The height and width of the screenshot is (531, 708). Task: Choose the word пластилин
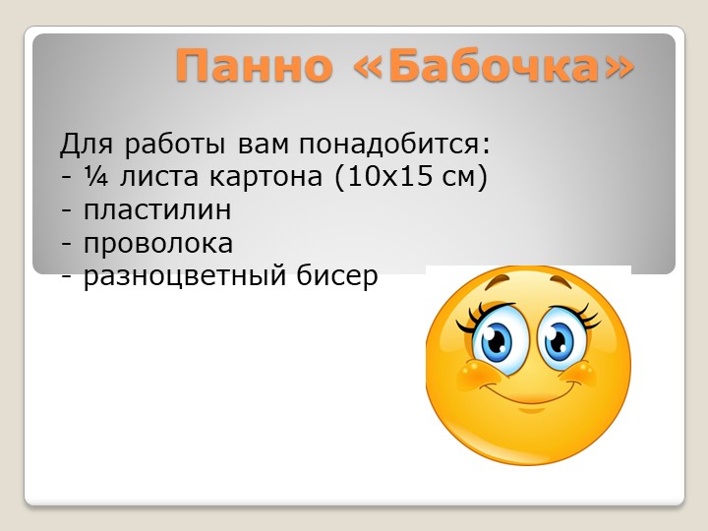[157, 211]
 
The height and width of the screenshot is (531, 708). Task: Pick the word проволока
[158, 244]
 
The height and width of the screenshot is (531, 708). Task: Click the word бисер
[336, 277]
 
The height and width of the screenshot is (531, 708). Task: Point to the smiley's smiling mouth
[528, 393]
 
